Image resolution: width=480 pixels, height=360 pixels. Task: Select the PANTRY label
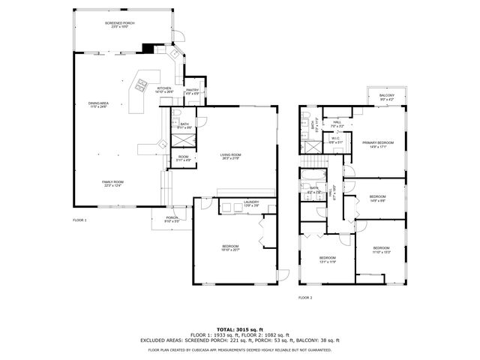192,91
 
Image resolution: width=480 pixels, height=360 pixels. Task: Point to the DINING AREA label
98,105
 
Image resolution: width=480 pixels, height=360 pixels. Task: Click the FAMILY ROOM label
112,184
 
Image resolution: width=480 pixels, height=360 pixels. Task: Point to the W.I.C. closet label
336,139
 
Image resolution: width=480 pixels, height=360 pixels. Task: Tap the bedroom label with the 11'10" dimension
381,250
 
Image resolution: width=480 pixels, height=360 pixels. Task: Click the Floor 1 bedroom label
230,248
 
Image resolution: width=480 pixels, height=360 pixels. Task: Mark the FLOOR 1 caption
79,220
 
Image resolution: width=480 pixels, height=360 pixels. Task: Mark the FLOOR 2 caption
305,298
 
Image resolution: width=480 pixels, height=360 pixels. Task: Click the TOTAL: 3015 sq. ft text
240,329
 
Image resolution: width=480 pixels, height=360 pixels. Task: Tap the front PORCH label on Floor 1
172,220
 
